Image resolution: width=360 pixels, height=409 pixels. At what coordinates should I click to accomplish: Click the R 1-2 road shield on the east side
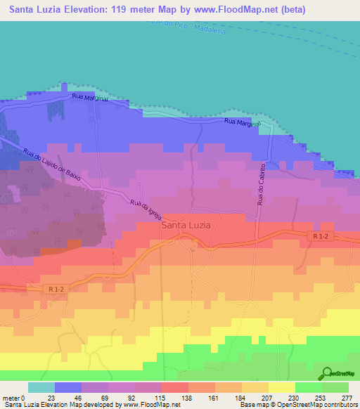[x=319, y=238]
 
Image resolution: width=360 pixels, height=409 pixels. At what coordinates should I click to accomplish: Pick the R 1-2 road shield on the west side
[x=56, y=288]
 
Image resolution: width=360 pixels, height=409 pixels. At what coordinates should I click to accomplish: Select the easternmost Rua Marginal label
[x=243, y=123]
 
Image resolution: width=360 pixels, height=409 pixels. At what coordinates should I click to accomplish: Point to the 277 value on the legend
[x=347, y=397]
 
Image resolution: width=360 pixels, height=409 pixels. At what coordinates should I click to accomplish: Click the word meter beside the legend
[x=11, y=397]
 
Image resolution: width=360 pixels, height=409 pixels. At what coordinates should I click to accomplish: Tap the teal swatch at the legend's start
[x=41, y=387]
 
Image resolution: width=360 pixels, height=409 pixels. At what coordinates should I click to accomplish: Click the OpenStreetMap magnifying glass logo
[x=326, y=373]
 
